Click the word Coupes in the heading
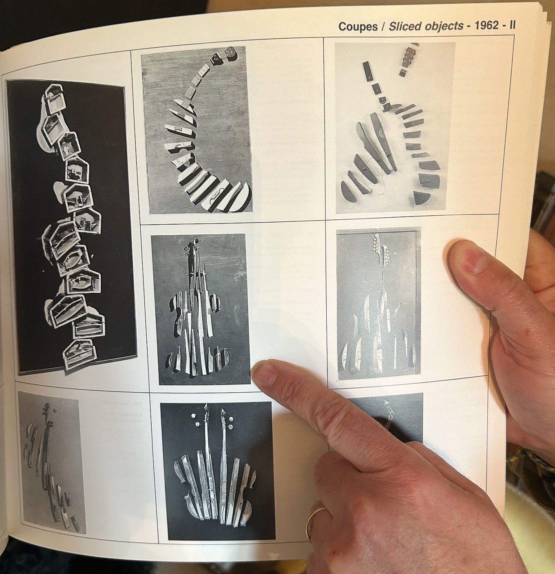coord(358,26)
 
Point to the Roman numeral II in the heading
coord(512,25)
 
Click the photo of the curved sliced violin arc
coord(197,130)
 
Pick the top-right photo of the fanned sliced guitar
coord(395,128)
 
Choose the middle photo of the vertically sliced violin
coord(201,309)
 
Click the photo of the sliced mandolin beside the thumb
coord(379,303)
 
